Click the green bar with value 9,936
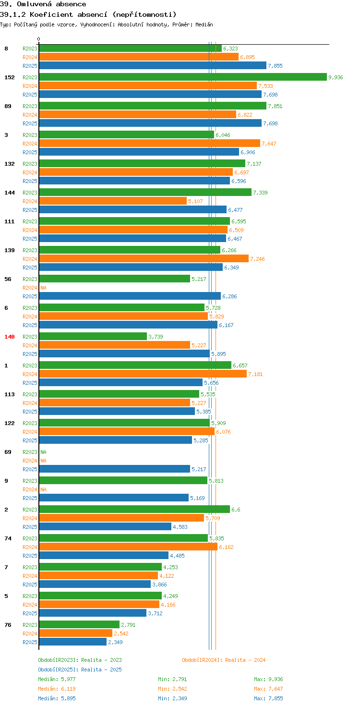(x=183, y=77)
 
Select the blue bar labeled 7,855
(x=153, y=65)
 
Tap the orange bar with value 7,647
(x=150, y=143)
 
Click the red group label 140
(x=10, y=337)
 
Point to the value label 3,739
(x=156, y=337)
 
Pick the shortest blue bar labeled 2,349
(x=73, y=642)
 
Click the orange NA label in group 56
(x=44, y=288)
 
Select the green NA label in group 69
(x=44, y=452)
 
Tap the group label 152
(x=10, y=77)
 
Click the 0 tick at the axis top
(x=38, y=39)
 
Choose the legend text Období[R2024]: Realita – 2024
(x=224, y=660)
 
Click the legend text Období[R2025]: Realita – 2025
(x=80, y=670)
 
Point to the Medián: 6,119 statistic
(x=57, y=689)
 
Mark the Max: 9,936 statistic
(x=268, y=679)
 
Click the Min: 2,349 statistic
(x=173, y=698)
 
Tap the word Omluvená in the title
(x=34, y=4)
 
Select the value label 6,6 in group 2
(x=236, y=510)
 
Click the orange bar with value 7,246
(x=144, y=258)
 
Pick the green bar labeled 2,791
(x=79, y=624)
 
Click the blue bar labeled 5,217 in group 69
(x=115, y=469)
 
